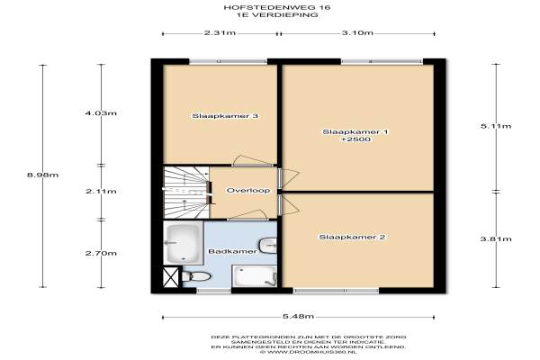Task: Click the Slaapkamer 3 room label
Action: pos(225,116)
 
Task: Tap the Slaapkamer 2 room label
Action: pos(352,237)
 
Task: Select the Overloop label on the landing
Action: pos(248,191)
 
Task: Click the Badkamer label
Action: pos(233,251)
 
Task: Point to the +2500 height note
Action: pos(355,139)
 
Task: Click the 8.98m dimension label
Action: pos(42,175)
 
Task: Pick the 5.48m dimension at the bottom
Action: pos(298,316)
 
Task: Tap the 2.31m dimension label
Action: pos(220,33)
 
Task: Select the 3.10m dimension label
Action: pos(357,33)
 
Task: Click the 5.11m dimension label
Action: pos(496,126)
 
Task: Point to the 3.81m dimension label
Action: pos(496,238)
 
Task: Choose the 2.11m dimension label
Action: pos(101,192)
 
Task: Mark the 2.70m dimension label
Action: pos(101,254)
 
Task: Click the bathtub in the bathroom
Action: pos(183,242)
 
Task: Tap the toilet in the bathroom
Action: pos(196,276)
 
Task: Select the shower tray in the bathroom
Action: pos(255,276)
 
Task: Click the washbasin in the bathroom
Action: pos(268,246)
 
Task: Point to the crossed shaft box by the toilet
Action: pos(171,276)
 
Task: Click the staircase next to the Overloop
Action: pos(186,193)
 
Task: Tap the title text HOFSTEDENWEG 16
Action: pos(277,7)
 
